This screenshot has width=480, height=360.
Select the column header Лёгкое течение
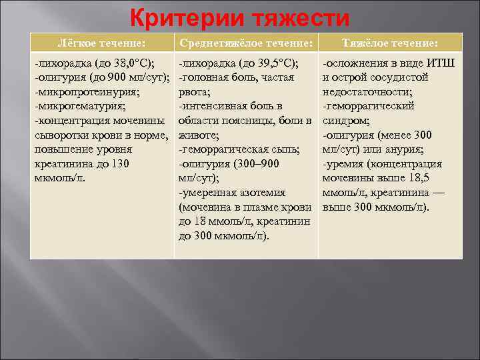(102, 43)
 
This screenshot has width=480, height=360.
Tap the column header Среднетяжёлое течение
(245, 43)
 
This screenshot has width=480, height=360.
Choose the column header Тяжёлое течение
(390, 43)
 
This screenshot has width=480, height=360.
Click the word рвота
(193, 92)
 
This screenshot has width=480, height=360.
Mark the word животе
(195, 135)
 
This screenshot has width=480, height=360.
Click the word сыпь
(284, 149)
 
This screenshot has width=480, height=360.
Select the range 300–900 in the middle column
(258, 163)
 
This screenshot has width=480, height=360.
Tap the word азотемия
(263, 193)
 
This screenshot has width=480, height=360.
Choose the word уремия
(347, 163)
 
